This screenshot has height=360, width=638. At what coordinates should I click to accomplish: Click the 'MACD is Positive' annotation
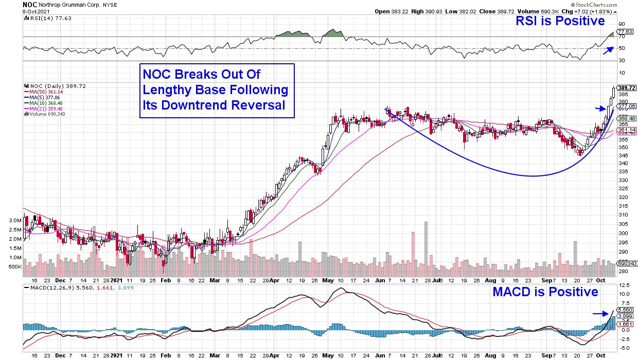[x=545, y=292]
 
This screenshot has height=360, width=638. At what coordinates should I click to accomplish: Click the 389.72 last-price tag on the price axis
[x=626, y=88]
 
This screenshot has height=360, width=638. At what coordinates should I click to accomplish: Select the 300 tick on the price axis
[x=623, y=233]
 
